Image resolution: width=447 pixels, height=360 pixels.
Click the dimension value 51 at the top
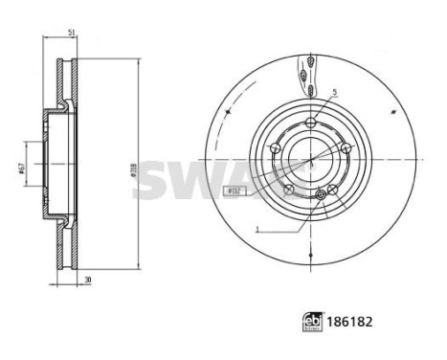point(73,34)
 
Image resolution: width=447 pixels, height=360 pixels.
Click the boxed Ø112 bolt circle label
point(234,192)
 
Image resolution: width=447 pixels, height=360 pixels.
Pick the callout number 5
point(334,93)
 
